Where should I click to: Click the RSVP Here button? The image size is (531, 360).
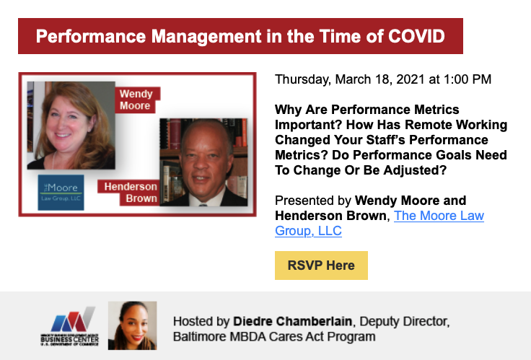coord(321,265)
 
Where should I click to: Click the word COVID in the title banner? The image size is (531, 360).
coord(416,36)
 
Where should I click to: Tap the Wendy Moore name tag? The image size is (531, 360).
coord(136,100)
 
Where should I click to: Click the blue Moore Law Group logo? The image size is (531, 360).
coord(61,193)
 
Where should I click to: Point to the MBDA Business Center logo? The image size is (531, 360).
coord(70,326)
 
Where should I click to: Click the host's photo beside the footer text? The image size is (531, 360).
coord(133,325)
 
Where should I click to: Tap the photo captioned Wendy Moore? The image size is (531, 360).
coord(71,126)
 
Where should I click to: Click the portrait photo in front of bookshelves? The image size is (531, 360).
coord(203,162)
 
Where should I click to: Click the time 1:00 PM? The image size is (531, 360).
coord(468,79)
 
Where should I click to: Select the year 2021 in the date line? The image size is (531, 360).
coord(410,79)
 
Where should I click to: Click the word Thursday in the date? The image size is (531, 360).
coord(303,80)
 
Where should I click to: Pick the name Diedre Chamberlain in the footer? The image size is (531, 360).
coord(293,321)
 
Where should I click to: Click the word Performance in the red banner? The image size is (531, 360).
coord(91,36)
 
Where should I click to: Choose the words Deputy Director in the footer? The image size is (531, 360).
coord(405,321)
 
